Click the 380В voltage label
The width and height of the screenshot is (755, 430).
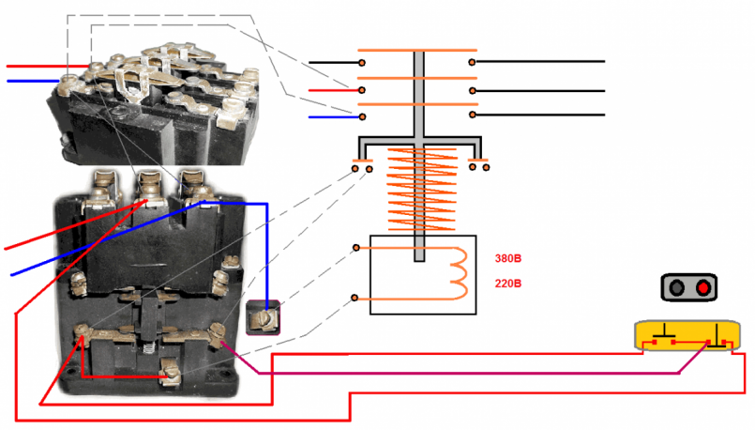click(508, 258)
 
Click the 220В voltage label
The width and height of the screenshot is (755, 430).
click(508, 284)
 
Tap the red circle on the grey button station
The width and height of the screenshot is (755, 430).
click(703, 287)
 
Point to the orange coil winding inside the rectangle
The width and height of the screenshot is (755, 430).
click(459, 271)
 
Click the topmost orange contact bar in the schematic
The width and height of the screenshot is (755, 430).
click(418, 50)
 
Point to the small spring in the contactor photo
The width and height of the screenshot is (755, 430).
click(151, 346)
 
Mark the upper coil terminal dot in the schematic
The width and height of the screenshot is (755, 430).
click(356, 248)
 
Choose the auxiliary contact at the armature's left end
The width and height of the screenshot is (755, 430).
click(362, 167)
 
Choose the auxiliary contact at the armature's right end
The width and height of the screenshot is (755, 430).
click(478, 167)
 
